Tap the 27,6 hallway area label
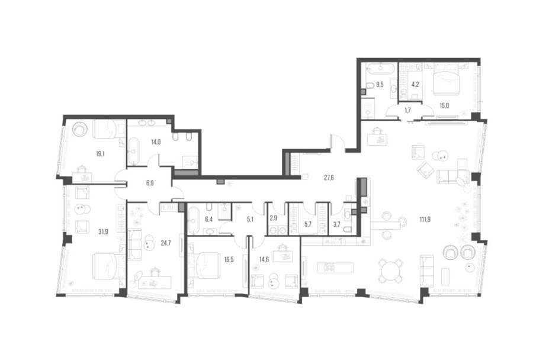(329, 178)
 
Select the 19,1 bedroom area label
(100, 154)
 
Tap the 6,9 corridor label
(150, 183)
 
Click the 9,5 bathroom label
(380, 85)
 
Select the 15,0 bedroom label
(444, 106)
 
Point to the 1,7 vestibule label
(408, 110)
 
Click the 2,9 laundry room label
(273, 218)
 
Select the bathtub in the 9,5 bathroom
(381, 68)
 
